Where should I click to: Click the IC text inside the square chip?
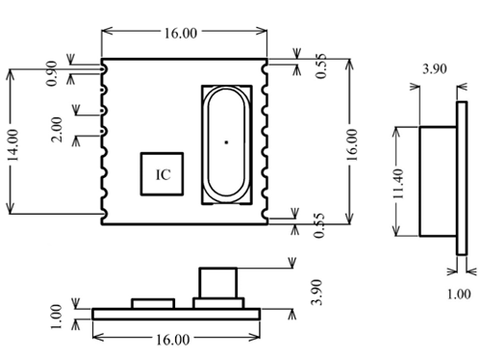164,175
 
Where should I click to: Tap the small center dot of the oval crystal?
226,142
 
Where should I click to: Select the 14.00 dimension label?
13,144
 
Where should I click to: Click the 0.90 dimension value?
52,73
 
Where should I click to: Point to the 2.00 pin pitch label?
57,130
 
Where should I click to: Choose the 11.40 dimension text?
399,184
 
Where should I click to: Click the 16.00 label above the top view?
181,33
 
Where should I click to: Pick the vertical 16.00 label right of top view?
352,145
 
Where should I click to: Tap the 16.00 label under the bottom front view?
173,340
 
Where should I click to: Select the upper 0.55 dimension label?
320,66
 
